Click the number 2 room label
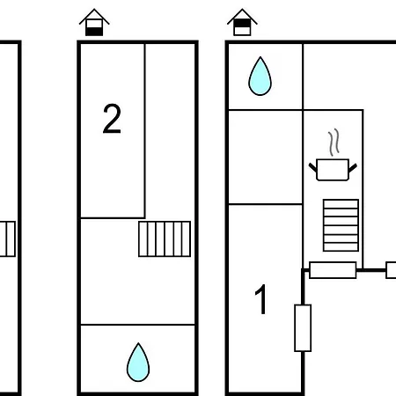coord(112,119)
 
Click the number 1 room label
coord(260,299)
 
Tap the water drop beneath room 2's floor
coord(138,363)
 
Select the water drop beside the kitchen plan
coord(260,76)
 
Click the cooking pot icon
coord(333,170)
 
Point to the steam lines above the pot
coord(334,142)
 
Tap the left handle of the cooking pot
coord(313,168)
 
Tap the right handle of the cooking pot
coord(353,168)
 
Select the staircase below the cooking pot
coord(341,225)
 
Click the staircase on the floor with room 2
coord(165,239)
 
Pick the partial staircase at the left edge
coord(7,239)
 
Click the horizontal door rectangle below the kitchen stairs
coord(333,270)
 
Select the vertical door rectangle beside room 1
coord(303,328)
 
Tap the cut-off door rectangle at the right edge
coord(391,270)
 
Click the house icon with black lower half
coord(94,22)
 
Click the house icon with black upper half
coord(242,22)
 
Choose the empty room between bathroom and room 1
coord(266,157)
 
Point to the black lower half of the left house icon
coord(94,32)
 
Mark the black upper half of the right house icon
coord(242,23)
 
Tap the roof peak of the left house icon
coord(94,9)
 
